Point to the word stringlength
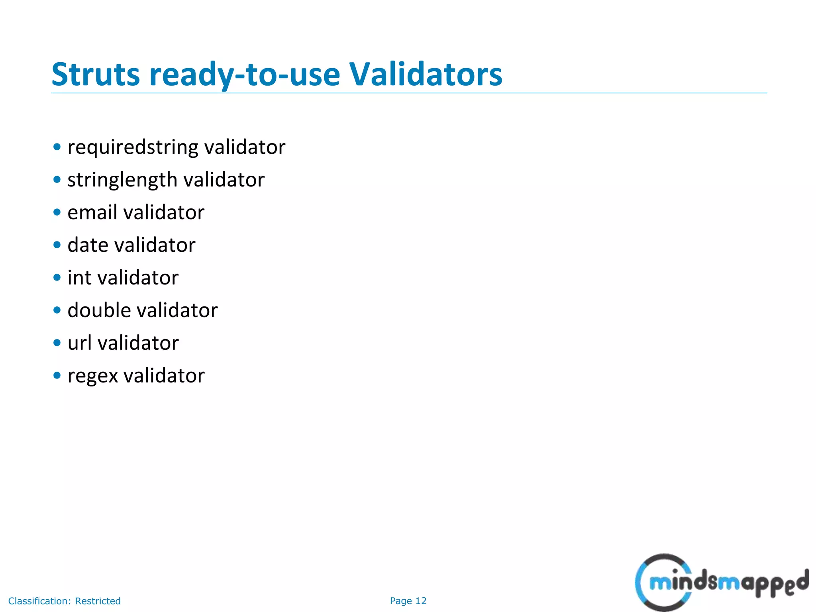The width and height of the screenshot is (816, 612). pyautogui.click(x=122, y=180)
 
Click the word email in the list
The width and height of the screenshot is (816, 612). pyautogui.click(x=92, y=212)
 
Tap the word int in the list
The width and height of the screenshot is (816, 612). pyautogui.click(x=79, y=278)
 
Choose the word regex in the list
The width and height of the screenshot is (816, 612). pyautogui.click(x=93, y=376)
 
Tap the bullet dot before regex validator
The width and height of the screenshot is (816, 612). pyautogui.click(x=57, y=375)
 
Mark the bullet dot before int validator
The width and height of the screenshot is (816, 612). pyautogui.click(x=57, y=277)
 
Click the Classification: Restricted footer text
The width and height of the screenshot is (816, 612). pyautogui.click(x=64, y=601)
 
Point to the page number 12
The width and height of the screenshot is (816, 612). pyautogui.click(x=421, y=601)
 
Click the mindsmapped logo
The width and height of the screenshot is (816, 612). pyautogui.click(x=721, y=582)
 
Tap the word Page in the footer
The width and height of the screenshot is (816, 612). pyautogui.click(x=401, y=601)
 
